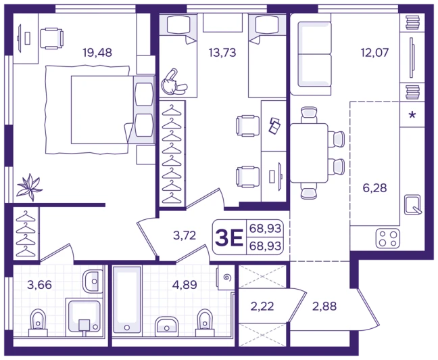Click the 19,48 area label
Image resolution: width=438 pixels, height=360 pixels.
tap(97, 52)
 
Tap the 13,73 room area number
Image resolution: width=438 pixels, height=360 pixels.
tap(222, 52)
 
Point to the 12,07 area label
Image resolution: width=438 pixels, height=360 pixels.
tap(374, 52)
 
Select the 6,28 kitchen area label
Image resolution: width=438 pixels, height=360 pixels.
tap(374, 188)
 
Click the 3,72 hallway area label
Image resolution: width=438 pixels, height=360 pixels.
tap(185, 235)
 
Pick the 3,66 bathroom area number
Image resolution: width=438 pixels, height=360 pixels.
tap(39, 285)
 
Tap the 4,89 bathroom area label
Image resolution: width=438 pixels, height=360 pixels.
tap(185, 285)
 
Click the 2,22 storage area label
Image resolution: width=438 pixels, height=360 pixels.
tap(262, 307)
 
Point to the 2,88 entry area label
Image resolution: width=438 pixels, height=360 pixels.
tap(324, 307)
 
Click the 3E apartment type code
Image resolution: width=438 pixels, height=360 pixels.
tap(228, 238)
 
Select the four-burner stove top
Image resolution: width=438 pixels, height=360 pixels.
tap(388, 239)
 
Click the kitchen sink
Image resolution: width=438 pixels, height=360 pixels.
tap(413, 205)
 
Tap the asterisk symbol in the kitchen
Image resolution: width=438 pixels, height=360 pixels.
tap(412, 114)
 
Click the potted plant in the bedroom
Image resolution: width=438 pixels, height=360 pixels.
tap(29, 187)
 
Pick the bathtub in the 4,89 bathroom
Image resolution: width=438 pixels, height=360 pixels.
tap(127, 300)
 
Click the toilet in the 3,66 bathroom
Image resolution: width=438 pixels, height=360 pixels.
tap(38, 323)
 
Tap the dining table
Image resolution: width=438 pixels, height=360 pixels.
tap(309, 153)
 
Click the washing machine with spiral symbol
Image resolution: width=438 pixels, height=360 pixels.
tap(226, 277)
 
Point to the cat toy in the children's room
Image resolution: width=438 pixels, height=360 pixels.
tap(173, 83)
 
